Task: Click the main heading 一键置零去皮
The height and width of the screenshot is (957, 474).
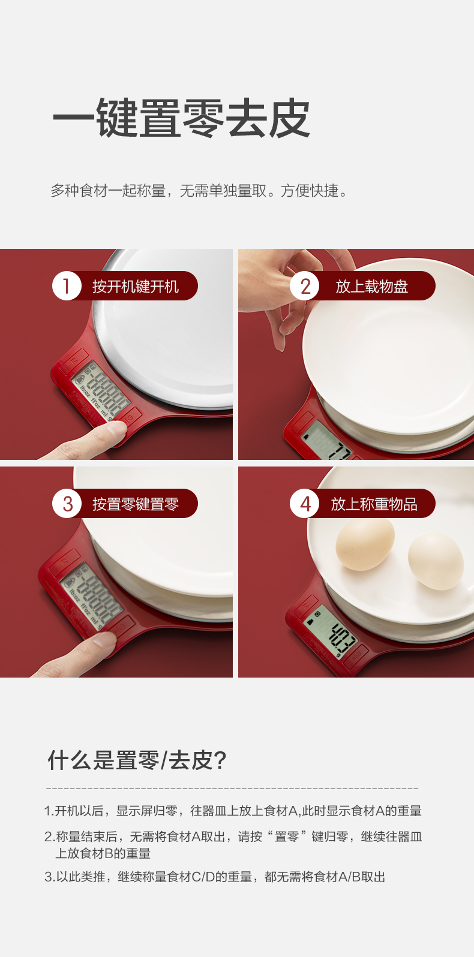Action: point(181,118)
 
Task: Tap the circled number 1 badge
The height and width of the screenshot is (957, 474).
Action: point(67,286)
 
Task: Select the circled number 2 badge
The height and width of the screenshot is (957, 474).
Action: point(304,286)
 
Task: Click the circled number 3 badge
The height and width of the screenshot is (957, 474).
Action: point(67,504)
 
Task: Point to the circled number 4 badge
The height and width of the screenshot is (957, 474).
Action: point(304,504)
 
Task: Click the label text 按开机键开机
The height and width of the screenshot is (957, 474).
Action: point(136,286)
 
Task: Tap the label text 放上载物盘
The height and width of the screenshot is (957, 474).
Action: point(372,286)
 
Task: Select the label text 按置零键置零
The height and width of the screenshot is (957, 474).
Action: point(136,504)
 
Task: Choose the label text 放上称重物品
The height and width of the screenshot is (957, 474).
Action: point(374,504)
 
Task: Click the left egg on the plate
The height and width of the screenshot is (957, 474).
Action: point(365,543)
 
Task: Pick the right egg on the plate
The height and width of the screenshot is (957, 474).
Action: point(436,561)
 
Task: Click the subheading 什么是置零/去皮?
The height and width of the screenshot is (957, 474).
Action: point(137,760)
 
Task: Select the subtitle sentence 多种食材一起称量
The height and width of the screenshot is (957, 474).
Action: point(109,191)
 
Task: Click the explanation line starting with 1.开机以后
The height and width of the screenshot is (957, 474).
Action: point(233,811)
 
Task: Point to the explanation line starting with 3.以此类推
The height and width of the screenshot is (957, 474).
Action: point(215,877)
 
